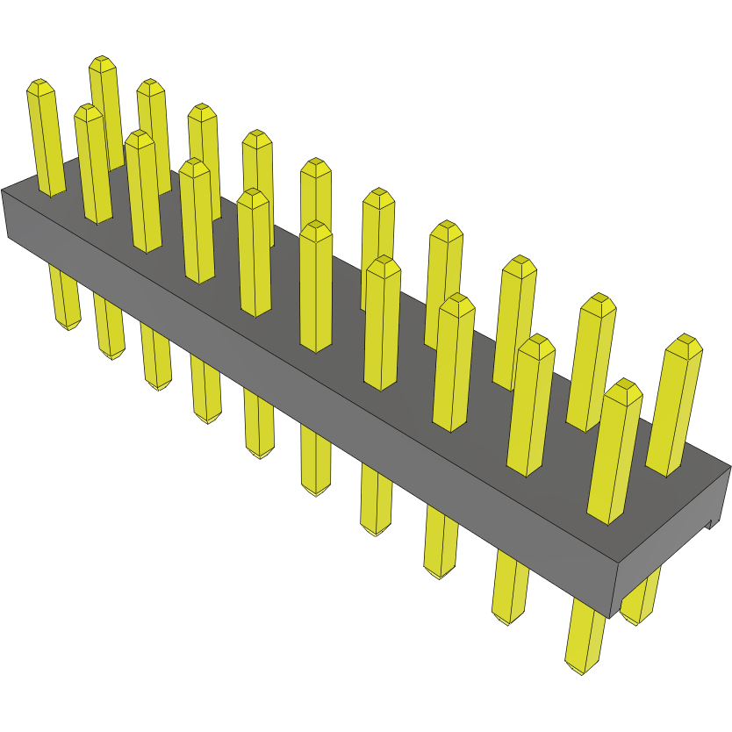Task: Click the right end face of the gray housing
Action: pos(671,553)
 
